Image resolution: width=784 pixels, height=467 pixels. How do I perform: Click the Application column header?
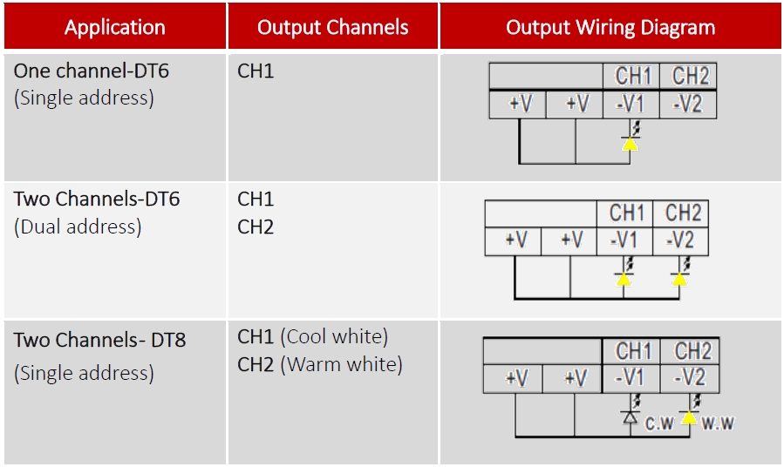[x=114, y=28]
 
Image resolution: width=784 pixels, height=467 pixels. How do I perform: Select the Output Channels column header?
[x=333, y=28]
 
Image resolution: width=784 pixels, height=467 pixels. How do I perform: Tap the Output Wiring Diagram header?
[x=610, y=28]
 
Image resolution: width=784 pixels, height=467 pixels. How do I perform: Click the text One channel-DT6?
[x=92, y=71]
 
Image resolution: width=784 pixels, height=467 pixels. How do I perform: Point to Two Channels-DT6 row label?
[x=97, y=199]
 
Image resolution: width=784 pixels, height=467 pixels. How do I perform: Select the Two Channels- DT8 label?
[x=100, y=340]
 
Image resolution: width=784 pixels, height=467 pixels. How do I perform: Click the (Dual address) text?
[x=78, y=227]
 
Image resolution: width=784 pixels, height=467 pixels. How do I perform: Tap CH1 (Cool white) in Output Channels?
[x=312, y=336]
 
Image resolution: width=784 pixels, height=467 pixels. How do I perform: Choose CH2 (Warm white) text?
[x=319, y=364]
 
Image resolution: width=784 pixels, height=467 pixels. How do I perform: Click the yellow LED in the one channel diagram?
[x=630, y=144]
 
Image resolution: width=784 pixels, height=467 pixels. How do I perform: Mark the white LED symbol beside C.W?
[x=630, y=416]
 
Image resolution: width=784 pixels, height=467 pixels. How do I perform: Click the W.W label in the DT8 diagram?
[x=718, y=423]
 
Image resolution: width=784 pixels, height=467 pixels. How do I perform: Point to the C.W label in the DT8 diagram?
[x=659, y=423]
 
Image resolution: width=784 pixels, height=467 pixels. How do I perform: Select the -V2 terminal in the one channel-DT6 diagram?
[x=688, y=105]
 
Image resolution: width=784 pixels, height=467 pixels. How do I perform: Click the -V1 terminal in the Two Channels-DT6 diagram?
[x=624, y=241]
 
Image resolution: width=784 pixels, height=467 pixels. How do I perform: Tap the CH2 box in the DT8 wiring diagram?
[x=690, y=351]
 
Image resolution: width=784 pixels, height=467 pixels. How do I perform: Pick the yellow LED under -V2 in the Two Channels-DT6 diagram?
[x=679, y=279]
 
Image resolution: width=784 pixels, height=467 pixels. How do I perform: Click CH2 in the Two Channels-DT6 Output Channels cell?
[x=256, y=227]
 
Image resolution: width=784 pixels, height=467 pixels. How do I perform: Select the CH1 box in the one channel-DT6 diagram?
[x=631, y=76]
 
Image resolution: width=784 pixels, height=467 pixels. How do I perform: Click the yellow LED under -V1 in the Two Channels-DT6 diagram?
[x=624, y=279]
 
